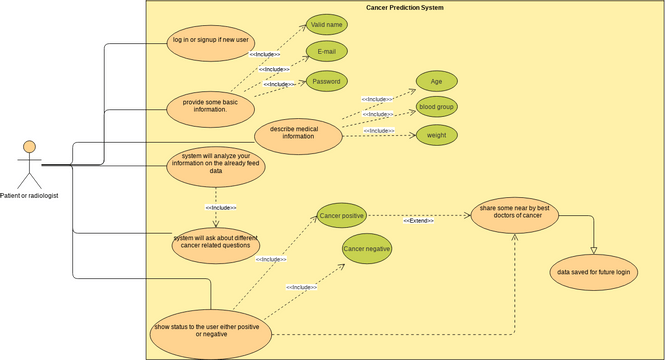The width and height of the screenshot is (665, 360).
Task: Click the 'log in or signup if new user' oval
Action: click(x=211, y=41)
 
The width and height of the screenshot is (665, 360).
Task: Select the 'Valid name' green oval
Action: click(x=327, y=24)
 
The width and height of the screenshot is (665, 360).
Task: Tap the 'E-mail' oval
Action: click(x=327, y=51)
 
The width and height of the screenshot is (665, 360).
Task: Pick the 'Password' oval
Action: click(x=327, y=81)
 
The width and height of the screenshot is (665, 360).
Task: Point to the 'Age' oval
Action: click(x=436, y=81)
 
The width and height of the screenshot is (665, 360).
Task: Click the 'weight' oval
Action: click(x=436, y=134)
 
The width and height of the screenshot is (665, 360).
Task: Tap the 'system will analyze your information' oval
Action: click(x=216, y=164)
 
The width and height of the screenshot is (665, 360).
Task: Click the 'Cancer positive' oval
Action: click(x=341, y=215)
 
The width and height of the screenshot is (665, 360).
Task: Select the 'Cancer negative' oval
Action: click(x=367, y=248)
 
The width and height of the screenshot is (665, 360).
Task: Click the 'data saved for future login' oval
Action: click(x=594, y=272)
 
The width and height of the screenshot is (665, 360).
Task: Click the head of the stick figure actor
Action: click(x=30, y=148)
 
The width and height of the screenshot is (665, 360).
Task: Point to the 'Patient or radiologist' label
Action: click(x=29, y=196)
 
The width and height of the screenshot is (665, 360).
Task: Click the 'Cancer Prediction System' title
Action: click(x=404, y=8)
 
